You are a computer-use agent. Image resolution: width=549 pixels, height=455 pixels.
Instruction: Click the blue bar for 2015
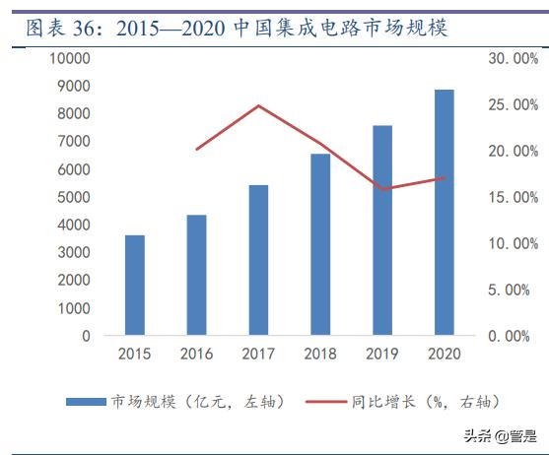click(x=135, y=286)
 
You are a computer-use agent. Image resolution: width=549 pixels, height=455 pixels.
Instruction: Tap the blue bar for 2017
click(x=258, y=261)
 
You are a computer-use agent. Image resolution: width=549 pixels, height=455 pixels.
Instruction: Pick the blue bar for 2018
click(x=320, y=245)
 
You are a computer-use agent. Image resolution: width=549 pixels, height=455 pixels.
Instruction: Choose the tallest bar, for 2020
click(x=444, y=213)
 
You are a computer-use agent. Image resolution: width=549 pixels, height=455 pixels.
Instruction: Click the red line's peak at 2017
click(x=258, y=105)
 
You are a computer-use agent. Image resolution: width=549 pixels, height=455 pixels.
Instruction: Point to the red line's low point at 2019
click(x=382, y=189)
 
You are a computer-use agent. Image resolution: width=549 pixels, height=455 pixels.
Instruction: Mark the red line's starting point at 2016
click(x=197, y=150)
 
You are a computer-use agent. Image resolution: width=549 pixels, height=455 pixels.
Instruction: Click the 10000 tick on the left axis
click(x=71, y=59)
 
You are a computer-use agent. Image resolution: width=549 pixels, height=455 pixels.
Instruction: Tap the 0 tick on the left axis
click(x=86, y=336)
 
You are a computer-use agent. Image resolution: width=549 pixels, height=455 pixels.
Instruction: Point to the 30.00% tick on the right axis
click(x=513, y=59)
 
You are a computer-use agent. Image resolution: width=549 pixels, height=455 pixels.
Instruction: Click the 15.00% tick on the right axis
click(x=513, y=197)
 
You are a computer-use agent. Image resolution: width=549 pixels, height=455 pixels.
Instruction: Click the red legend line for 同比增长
click(x=325, y=402)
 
